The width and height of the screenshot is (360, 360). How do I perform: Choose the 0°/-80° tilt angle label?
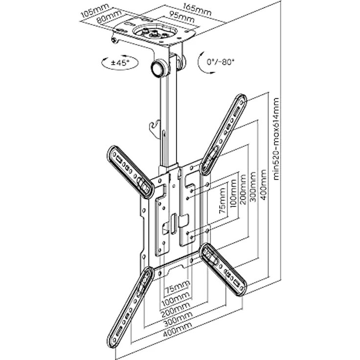[x=221, y=62]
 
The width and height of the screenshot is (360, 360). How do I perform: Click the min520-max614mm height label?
[x=277, y=139]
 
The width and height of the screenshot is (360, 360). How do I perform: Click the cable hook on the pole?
[x=156, y=128]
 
